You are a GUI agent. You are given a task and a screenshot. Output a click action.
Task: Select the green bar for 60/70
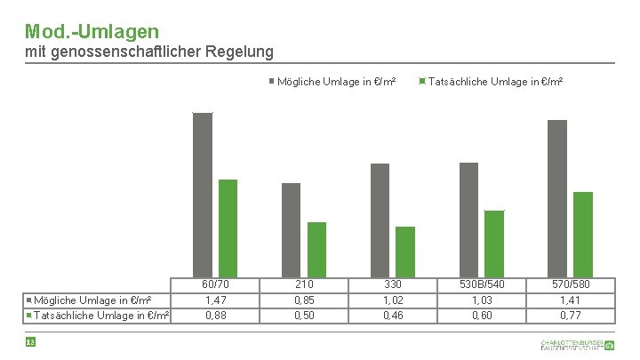(x=228, y=227)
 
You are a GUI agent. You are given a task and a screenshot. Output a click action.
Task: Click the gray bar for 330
(x=380, y=220)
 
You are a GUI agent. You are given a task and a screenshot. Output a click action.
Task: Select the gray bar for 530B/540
(x=469, y=219)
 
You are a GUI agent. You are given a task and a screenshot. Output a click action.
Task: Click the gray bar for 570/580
(x=557, y=197)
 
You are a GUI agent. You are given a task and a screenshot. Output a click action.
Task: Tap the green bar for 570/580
(x=583, y=234)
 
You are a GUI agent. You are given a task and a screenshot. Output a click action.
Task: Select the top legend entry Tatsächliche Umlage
(x=494, y=82)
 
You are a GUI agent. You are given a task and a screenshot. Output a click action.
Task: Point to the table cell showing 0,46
(x=393, y=315)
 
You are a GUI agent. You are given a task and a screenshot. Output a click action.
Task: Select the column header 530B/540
(x=482, y=284)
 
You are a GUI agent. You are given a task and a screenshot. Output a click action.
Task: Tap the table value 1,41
(x=571, y=300)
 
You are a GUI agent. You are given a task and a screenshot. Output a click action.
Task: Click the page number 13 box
(x=30, y=342)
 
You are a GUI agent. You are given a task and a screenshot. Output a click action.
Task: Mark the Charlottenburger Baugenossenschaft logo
(x=577, y=345)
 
